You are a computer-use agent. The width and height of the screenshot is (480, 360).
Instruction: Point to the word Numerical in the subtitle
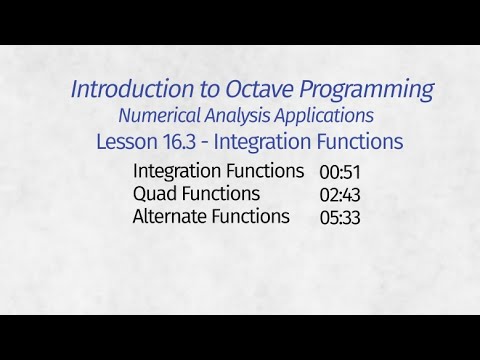point(159,116)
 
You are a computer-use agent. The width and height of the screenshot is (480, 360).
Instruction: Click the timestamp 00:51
point(340,171)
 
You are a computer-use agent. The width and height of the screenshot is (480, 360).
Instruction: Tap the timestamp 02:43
point(340,194)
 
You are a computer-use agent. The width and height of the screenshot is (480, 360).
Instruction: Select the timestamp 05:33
point(340,217)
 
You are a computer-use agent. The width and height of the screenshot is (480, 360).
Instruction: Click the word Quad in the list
point(153,194)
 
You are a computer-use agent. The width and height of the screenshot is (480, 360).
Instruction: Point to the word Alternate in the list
point(170,217)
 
